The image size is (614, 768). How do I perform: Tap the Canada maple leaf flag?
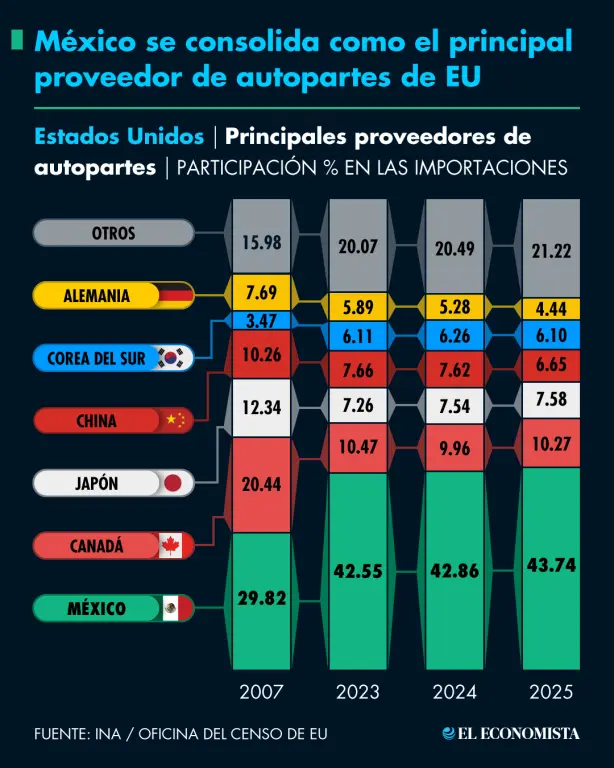pos(172,546)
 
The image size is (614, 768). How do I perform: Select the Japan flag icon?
pos(173,483)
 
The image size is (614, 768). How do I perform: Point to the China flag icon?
pos(174,420)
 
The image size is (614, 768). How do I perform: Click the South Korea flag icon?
pos(174,357)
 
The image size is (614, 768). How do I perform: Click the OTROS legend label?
pos(112,233)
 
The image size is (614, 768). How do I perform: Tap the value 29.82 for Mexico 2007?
pos(261,599)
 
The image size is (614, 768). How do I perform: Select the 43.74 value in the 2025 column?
pos(551,564)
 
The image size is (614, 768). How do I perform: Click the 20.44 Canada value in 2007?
pos(261,484)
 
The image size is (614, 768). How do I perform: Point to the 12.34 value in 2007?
pos(261,407)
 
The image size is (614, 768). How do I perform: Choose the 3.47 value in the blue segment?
pos(261,321)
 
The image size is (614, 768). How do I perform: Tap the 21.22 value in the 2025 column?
pos(551,250)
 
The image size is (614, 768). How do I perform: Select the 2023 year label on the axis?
pos(357,692)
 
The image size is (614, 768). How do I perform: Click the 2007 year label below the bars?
pos(261,692)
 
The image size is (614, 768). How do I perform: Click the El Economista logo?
pos(511,734)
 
